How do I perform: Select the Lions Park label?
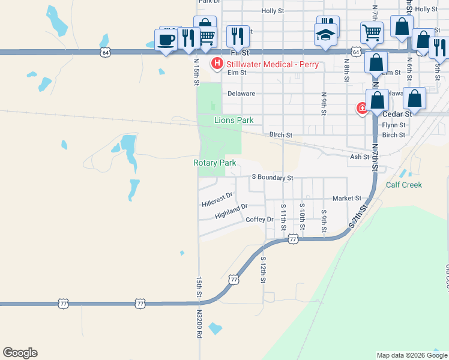click(x=234, y=120)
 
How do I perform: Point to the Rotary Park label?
click(x=214, y=163)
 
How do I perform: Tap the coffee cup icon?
click(x=166, y=40)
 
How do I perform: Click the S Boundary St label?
click(x=273, y=178)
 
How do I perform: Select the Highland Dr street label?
click(x=231, y=211)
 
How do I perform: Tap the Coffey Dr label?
click(x=260, y=220)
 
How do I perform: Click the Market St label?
click(x=347, y=198)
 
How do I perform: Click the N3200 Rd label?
click(x=199, y=323)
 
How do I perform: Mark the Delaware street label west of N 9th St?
click(x=241, y=94)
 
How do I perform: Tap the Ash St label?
click(x=359, y=157)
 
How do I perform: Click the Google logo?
click(x=20, y=353)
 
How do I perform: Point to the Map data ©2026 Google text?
click(x=412, y=355)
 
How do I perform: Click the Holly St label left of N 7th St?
click(x=273, y=11)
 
